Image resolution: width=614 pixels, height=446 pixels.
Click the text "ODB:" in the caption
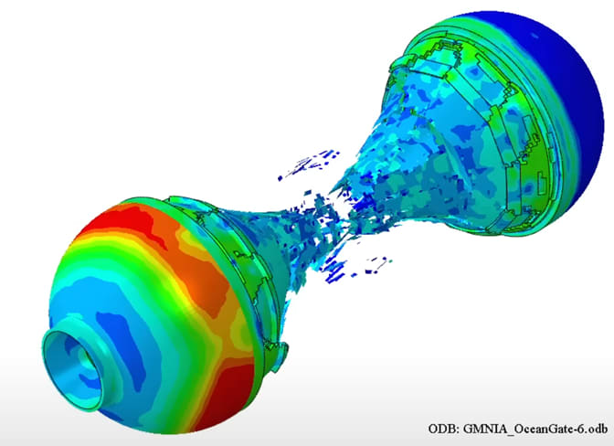coord(446,428)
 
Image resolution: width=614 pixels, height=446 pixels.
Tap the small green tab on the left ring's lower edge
coord(279,350)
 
